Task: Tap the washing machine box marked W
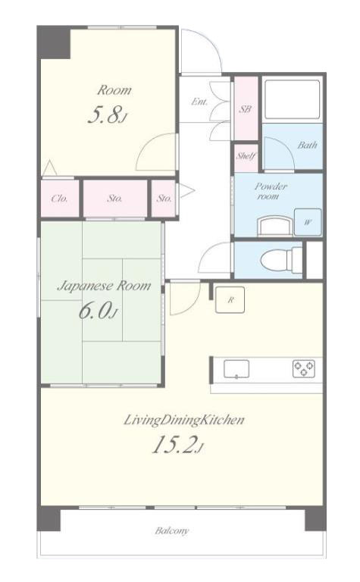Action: point(308,222)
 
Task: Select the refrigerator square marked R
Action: point(230,299)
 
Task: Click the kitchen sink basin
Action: point(236,369)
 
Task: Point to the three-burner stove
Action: point(304,368)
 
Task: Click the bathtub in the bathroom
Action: point(292,99)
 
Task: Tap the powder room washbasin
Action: point(274,226)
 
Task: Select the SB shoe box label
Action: point(246,109)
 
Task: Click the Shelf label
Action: point(246,156)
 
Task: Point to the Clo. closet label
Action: point(59,199)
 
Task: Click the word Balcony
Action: point(172,530)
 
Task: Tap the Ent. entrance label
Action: point(199,102)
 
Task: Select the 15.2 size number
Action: point(174,444)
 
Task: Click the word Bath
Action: point(307,145)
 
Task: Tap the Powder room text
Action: point(271,191)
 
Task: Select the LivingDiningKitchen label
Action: point(183,420)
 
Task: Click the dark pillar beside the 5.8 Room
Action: point(54,42)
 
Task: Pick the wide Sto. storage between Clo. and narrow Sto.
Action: point(115,199)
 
